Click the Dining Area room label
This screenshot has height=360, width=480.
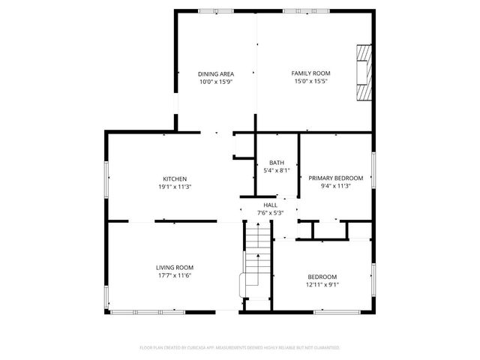point(216,73)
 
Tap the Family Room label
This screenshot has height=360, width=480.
point(310,73)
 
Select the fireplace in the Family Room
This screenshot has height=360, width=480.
point(364,73)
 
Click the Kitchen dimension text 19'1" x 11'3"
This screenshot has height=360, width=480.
point(175,186)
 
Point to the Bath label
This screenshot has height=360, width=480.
point(277,163)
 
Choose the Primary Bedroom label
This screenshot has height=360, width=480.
point(335,178)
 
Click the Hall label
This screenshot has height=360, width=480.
point(270,205)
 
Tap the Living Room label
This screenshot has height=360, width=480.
point(175,268)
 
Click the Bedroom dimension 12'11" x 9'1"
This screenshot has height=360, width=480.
point(322,284)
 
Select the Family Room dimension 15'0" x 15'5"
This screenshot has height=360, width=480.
point(310,81)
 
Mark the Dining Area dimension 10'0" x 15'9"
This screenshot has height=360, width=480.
point(216,82)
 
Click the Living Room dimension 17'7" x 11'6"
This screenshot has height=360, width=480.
point(175,276)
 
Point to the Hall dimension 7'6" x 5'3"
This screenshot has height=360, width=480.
point(270,213)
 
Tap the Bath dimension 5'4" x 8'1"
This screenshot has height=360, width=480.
point(277,171)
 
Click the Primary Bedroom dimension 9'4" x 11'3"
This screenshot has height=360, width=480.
point(335,186)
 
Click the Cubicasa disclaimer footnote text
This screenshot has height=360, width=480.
point(240,348)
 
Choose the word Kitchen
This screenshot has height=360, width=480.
point(175,178)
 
